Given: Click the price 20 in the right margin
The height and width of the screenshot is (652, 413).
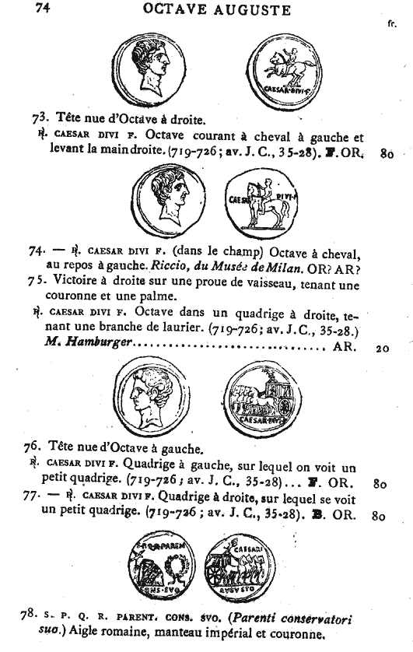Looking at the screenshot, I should pos(383,349).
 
